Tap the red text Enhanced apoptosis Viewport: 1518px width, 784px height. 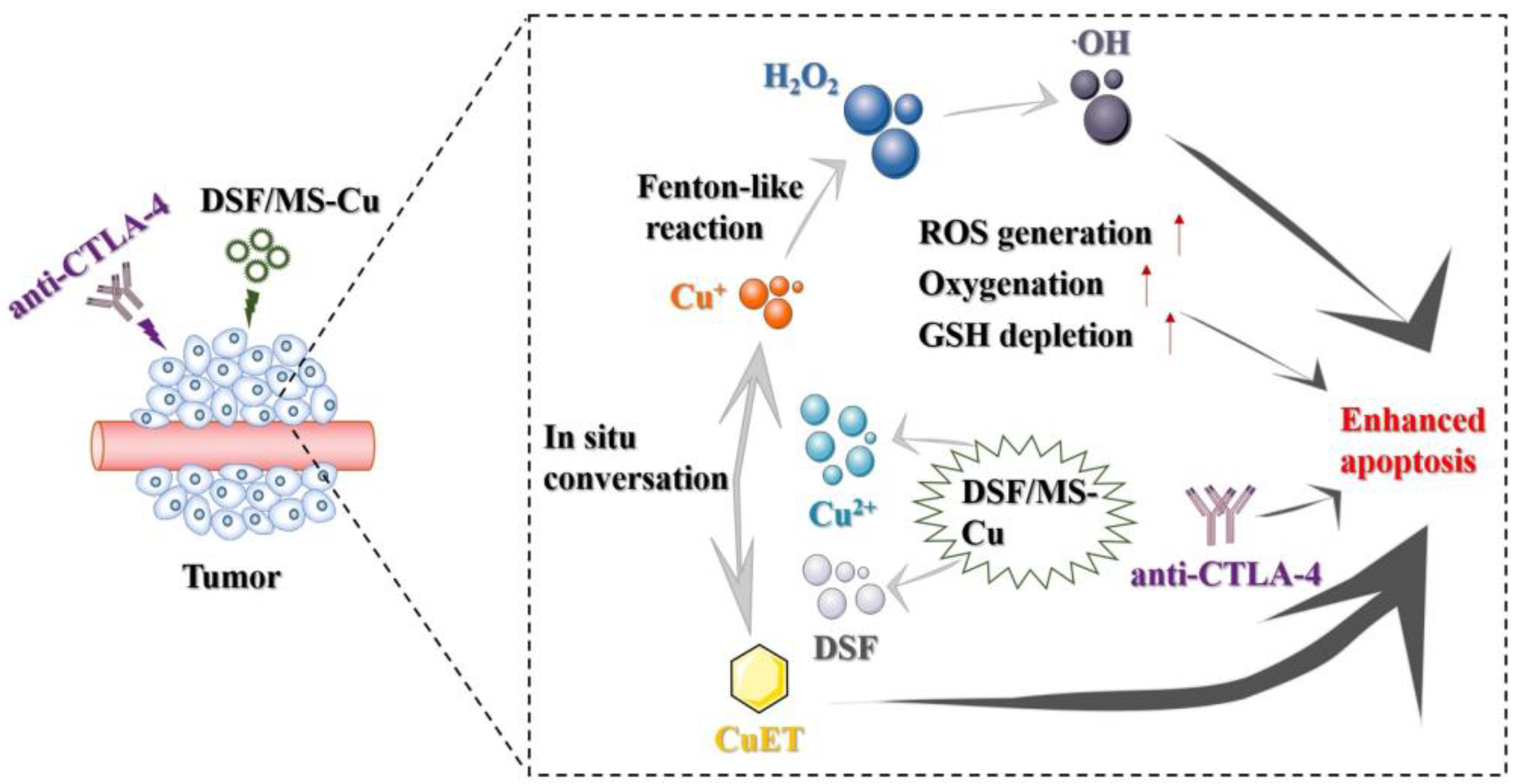pos(1412,441)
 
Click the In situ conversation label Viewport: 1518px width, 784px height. pos(635,459)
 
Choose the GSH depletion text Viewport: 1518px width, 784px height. pos(1026,336)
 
